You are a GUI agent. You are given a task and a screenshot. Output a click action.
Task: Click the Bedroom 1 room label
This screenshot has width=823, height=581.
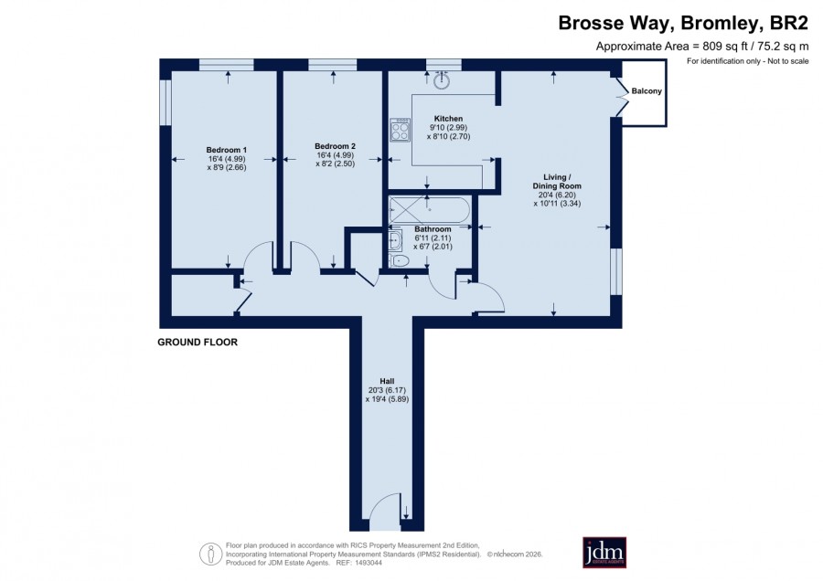(226, 150)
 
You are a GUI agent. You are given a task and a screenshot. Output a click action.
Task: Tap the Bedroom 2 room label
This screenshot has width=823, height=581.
(335, 146)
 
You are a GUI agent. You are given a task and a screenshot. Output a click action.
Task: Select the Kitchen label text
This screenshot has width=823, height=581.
(448, 119)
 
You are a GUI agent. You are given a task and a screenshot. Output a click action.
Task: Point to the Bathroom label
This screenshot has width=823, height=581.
(433, 229)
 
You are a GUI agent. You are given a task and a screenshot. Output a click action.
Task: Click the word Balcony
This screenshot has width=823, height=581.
(647, 91)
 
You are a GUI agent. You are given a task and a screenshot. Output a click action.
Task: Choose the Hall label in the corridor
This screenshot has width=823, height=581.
(387, 381)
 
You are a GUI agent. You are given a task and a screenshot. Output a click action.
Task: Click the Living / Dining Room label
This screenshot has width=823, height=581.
(557, 182)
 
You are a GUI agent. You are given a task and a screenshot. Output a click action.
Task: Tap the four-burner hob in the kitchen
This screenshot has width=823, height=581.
(400, 130)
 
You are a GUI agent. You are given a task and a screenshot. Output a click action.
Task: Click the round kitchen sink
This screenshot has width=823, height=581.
(442, 81)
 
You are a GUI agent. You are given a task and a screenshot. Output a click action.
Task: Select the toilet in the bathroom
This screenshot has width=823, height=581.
(400, 260)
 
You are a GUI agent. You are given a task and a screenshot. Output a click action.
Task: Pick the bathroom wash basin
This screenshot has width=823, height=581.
(395, 240)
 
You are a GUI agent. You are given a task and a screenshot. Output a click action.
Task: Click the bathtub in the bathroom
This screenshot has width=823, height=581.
(430, 210)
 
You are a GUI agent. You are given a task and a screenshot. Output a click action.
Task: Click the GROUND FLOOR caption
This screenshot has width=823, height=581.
(198, 343)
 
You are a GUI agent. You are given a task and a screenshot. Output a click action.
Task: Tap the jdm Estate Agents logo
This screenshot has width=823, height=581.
(604, 552)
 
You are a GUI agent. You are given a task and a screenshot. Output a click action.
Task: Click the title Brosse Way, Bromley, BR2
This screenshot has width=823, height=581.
(683, 23)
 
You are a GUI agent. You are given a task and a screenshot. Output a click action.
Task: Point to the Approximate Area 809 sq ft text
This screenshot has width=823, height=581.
(701, 47)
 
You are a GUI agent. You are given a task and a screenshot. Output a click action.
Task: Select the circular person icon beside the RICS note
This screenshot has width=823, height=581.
(210, 554)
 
